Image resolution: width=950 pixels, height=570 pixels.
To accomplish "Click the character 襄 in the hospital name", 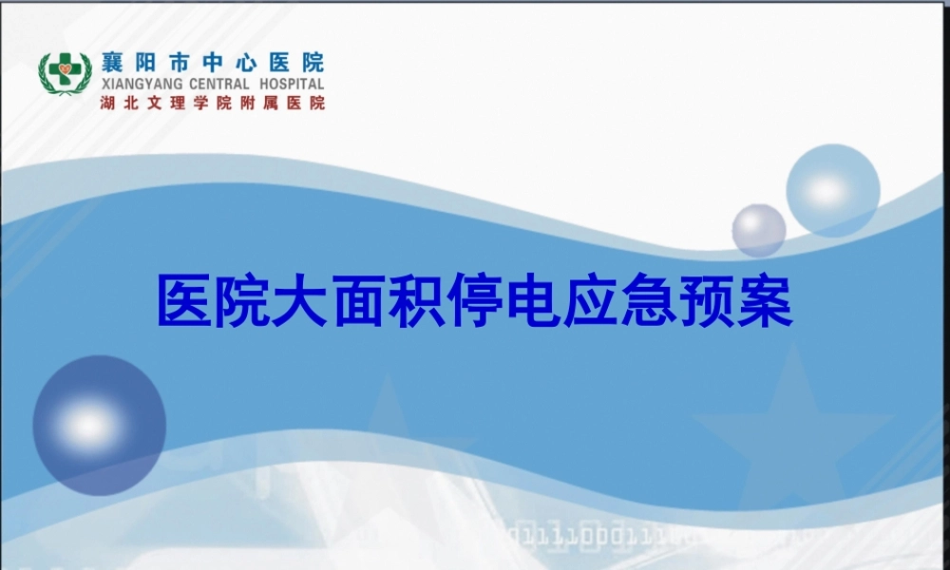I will [111, 63].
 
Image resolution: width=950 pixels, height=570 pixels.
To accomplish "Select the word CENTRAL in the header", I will [221, 84].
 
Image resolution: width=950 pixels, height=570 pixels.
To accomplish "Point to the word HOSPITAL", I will [291, 84].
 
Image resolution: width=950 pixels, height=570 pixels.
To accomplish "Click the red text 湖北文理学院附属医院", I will [212, 103].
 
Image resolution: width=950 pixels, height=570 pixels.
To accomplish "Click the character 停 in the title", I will [470, 303].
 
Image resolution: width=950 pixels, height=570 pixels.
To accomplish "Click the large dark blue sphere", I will [99, 425].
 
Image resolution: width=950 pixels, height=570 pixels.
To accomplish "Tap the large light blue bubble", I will [832, 190].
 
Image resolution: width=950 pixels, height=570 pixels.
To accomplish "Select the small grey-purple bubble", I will [758, 230].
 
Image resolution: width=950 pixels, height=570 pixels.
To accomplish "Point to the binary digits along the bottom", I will [608, 536].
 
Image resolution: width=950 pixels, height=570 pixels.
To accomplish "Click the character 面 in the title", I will [361, 303].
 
